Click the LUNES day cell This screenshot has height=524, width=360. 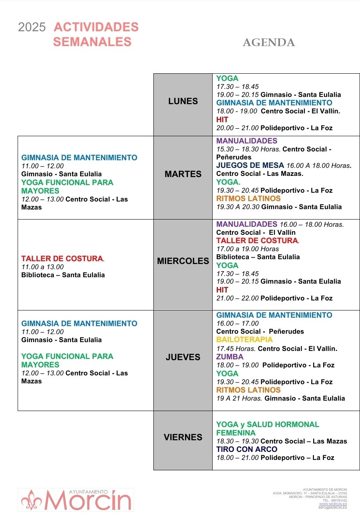[183, 101]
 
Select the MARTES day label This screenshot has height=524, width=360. [183, 174]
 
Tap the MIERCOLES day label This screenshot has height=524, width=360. [183, 261]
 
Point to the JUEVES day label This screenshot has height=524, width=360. [183, 357]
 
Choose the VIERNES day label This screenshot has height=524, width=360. [183, 437]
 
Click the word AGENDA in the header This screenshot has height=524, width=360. [269, 42]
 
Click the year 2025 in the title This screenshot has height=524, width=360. [32, 27]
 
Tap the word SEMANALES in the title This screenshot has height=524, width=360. [92, 42]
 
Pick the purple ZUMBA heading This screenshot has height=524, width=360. [230, 357]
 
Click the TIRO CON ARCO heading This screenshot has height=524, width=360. [247, 449]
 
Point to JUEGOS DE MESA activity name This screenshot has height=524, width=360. [250, 165]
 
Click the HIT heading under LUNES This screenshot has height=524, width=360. [222, 119]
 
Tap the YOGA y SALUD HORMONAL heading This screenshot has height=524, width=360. [267, 425]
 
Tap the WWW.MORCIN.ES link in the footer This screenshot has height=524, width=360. [333, 504]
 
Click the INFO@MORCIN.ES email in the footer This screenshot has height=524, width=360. [333, 508]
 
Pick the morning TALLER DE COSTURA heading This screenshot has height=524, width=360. [62, 258]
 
